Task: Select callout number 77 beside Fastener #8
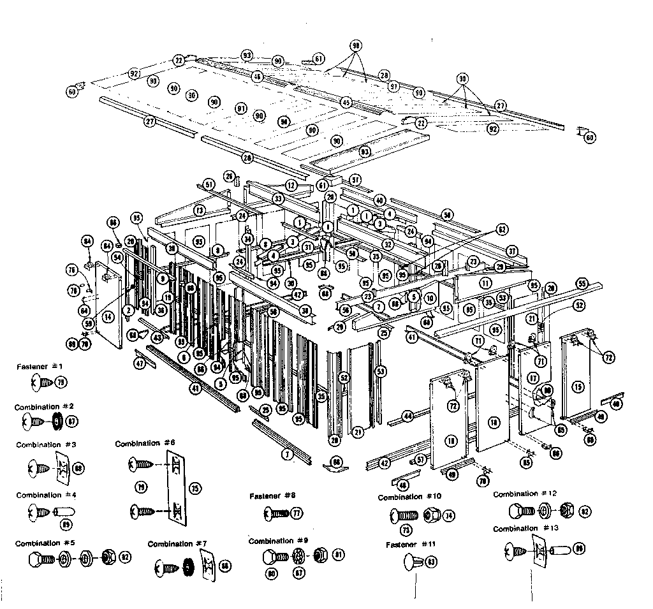click(297, 512)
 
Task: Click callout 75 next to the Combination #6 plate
click(194, 488)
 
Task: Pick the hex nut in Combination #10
click(430, 515)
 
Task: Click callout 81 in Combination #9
click(339, 554)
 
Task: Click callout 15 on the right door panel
click(578, 386)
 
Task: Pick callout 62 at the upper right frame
click(502, 228)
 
